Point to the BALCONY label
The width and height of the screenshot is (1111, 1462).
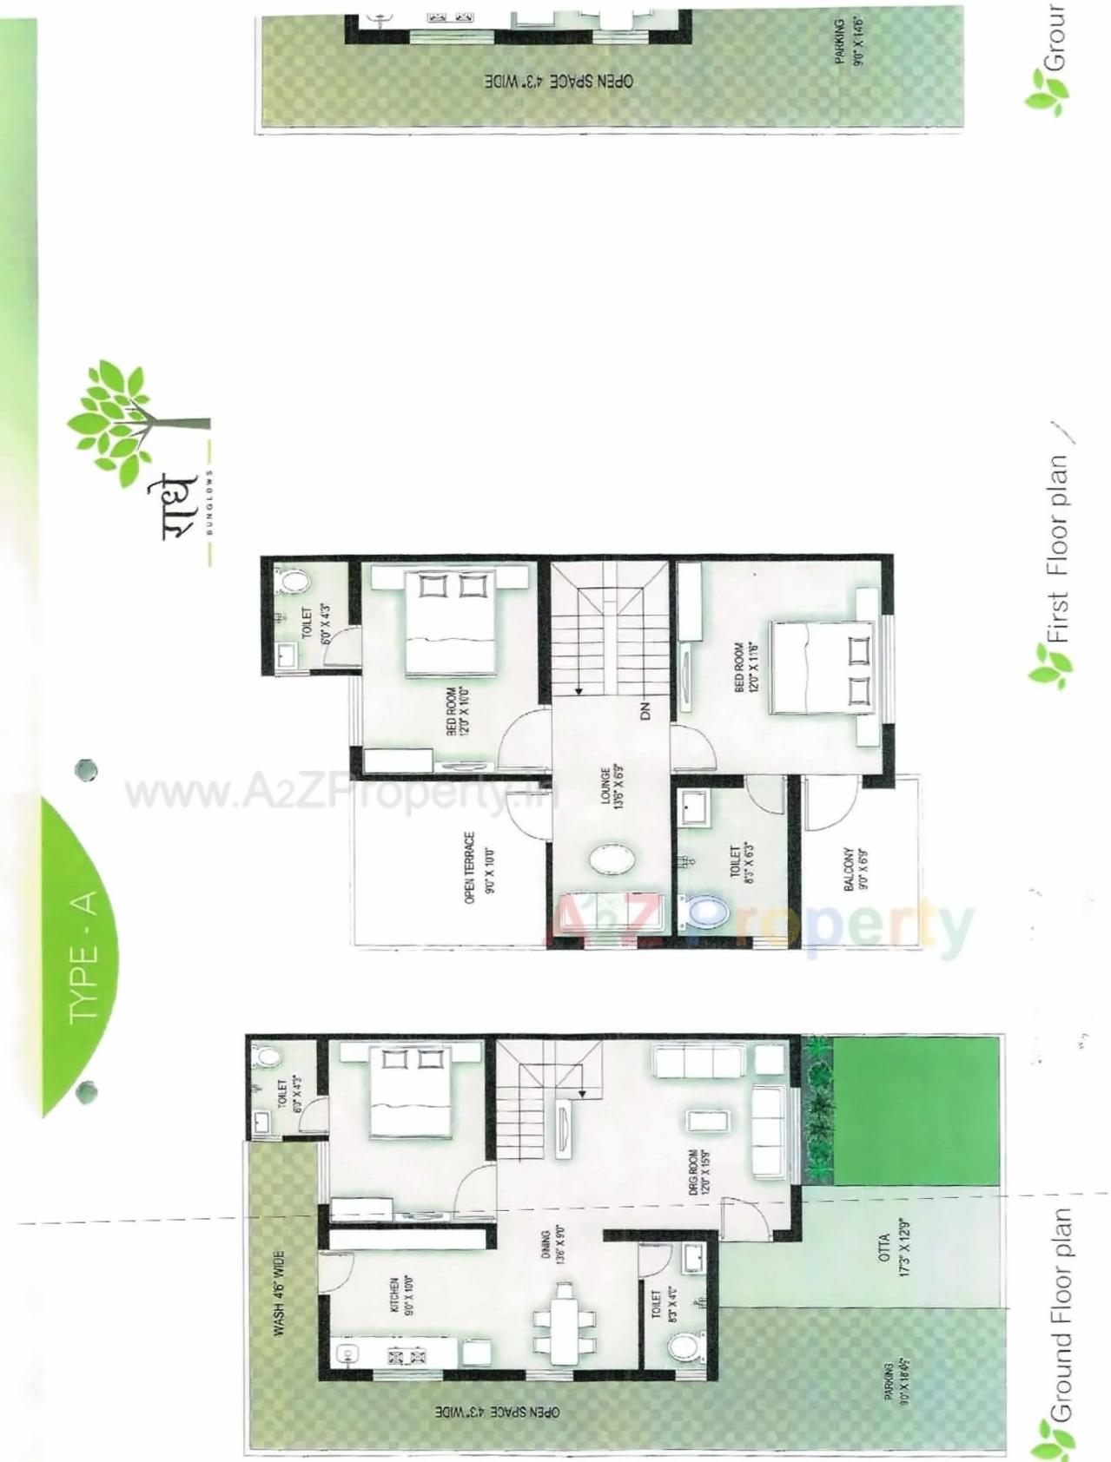pos(856,869)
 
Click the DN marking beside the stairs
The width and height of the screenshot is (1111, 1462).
pos(645,712)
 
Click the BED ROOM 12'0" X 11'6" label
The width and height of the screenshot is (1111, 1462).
pos(746,667)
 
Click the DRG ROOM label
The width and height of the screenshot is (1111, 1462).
pos(699,1172)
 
